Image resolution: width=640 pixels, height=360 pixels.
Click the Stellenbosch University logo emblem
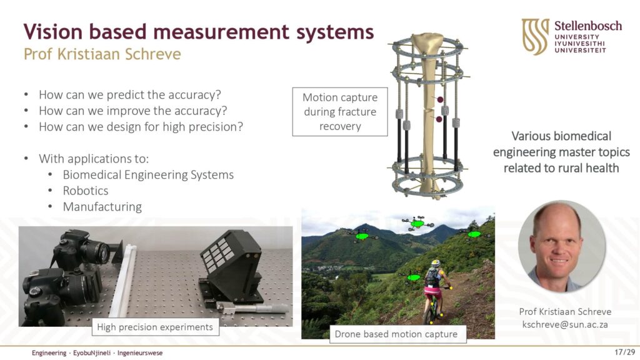click(x=535, y=37)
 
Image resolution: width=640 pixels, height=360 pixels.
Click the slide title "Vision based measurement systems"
click(x=198, y=31)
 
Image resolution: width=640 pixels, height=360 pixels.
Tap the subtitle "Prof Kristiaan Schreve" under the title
click(x=102, y=54)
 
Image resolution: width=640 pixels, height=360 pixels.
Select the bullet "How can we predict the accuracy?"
click(x=130, y=95)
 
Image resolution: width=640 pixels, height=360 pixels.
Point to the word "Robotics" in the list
click(x=85, y=191)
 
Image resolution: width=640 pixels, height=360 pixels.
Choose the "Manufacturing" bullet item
click(x=102, y=206)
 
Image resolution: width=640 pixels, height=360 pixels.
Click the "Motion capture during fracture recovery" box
click(x=340, y=112)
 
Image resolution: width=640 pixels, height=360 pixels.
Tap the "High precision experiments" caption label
click(x=155, y=327)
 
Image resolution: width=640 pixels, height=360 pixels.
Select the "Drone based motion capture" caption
click(x=396, y=334)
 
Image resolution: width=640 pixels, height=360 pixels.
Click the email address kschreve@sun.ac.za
click(x=565, y=324)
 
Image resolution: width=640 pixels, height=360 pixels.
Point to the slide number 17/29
click(x=625, y=352)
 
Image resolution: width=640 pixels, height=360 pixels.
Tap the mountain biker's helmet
click(x=436, y=263)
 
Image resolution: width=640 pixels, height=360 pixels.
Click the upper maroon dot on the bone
click(x=440, y=99)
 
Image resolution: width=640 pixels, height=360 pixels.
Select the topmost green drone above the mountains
click(x=417, y=223)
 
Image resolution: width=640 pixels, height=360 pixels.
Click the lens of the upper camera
click(x=99, y=251)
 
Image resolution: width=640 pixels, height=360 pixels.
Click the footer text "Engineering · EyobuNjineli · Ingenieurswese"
click(x=97, y=352)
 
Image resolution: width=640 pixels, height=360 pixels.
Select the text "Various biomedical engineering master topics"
click(x=561, y=144)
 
